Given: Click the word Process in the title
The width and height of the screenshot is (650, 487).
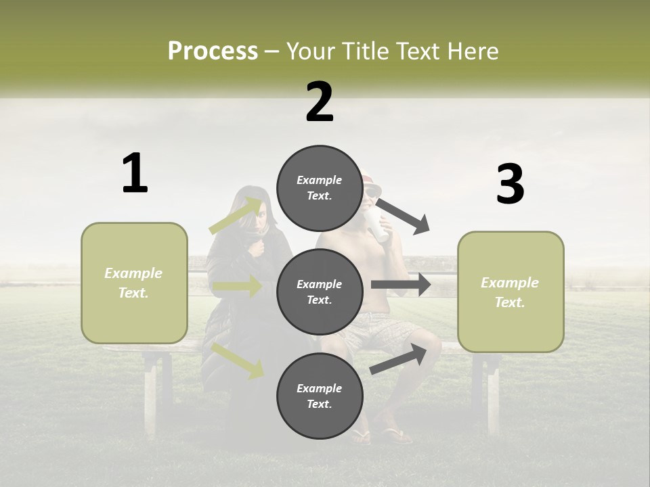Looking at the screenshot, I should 213,51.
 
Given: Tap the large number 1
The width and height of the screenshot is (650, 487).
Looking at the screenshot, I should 135,173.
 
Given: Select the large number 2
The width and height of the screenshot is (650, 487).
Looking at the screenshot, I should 320,101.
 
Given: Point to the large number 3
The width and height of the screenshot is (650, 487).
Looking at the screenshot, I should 510,185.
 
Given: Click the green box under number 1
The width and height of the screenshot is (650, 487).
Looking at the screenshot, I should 134,283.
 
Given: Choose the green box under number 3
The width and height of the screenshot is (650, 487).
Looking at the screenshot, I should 511,292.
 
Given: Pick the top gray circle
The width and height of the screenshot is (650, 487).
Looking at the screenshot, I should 320,188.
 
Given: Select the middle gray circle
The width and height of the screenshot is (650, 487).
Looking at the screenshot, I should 320,292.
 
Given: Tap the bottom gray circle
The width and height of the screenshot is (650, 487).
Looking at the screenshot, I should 320,396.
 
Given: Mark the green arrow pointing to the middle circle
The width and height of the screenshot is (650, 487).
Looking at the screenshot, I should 237,287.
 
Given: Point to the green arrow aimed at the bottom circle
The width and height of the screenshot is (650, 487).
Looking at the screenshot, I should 238,361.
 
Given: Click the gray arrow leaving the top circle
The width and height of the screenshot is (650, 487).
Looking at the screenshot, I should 404,216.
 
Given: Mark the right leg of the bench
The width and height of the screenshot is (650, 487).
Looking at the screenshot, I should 491,392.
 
